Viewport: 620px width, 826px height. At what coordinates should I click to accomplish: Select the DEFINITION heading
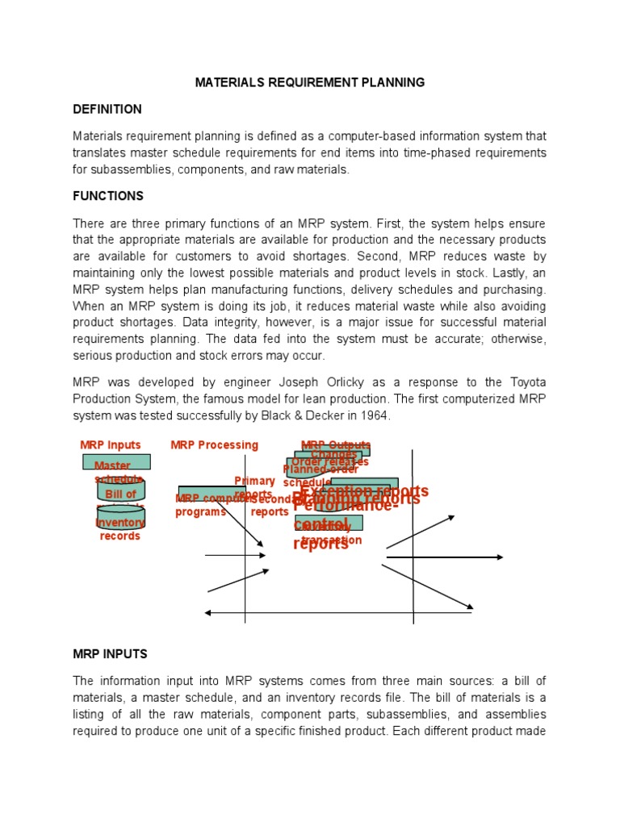[107, 109]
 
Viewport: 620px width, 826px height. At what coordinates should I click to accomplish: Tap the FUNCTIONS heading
[108, 196]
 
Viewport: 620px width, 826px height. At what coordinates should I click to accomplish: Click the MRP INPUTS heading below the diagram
[110, 653]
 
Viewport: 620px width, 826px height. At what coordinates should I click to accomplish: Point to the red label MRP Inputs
[111, 445]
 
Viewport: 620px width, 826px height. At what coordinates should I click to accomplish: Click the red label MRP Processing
[215, 445]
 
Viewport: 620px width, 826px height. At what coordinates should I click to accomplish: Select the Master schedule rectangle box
[116, 462]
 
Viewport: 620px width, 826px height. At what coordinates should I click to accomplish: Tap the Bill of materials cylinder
[121, 492]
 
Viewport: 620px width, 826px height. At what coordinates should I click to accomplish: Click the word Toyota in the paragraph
[526, 383]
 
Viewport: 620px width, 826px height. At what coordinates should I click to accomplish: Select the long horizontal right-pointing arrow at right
[445, 557]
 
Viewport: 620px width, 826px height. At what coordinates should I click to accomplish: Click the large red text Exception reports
[364, 491]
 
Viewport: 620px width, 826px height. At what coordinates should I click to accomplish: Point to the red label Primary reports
[254, 487]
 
